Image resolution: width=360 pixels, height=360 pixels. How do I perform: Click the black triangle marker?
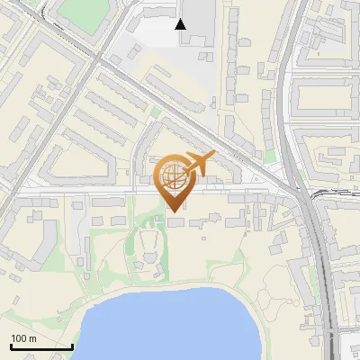pos(181,24)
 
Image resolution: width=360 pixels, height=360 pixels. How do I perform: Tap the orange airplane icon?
pos(198,165)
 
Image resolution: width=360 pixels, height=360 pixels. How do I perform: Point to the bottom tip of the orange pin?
pos(174,211)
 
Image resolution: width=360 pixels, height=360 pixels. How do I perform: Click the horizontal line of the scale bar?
pos(40,346)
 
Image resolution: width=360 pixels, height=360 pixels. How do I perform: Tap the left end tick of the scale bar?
pos(10,344)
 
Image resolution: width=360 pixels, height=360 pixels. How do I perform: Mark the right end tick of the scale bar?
pos(72,344)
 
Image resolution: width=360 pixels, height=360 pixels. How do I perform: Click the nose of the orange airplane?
pos(214,155)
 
